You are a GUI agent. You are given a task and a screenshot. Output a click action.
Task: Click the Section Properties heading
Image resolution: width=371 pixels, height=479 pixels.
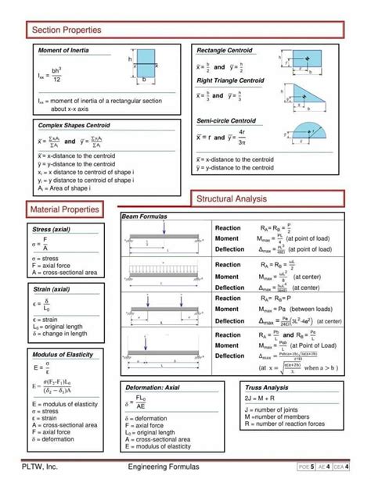pyautogui.click(x=67, y=30)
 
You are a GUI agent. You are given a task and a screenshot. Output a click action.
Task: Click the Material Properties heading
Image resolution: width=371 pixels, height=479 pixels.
pyautogui.click(x=65, y=209)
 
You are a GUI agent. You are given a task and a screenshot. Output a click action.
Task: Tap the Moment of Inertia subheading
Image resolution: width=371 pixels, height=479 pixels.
pyautogui.click(x=63, y=51)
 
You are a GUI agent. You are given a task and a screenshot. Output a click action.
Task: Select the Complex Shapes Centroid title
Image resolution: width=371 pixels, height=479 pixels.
pyautogui.click(x=74, y=125)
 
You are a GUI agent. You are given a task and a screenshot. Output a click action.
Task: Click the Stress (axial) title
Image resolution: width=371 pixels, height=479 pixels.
pyautogui.click(x=50, y=231)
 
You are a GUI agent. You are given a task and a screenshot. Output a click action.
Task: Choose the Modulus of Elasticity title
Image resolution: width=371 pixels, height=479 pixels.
pyautogui.click(x=63, y=355)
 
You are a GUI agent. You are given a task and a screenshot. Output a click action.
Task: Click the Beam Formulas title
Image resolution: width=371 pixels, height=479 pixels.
pyautogui.click(x=146, y=216)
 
